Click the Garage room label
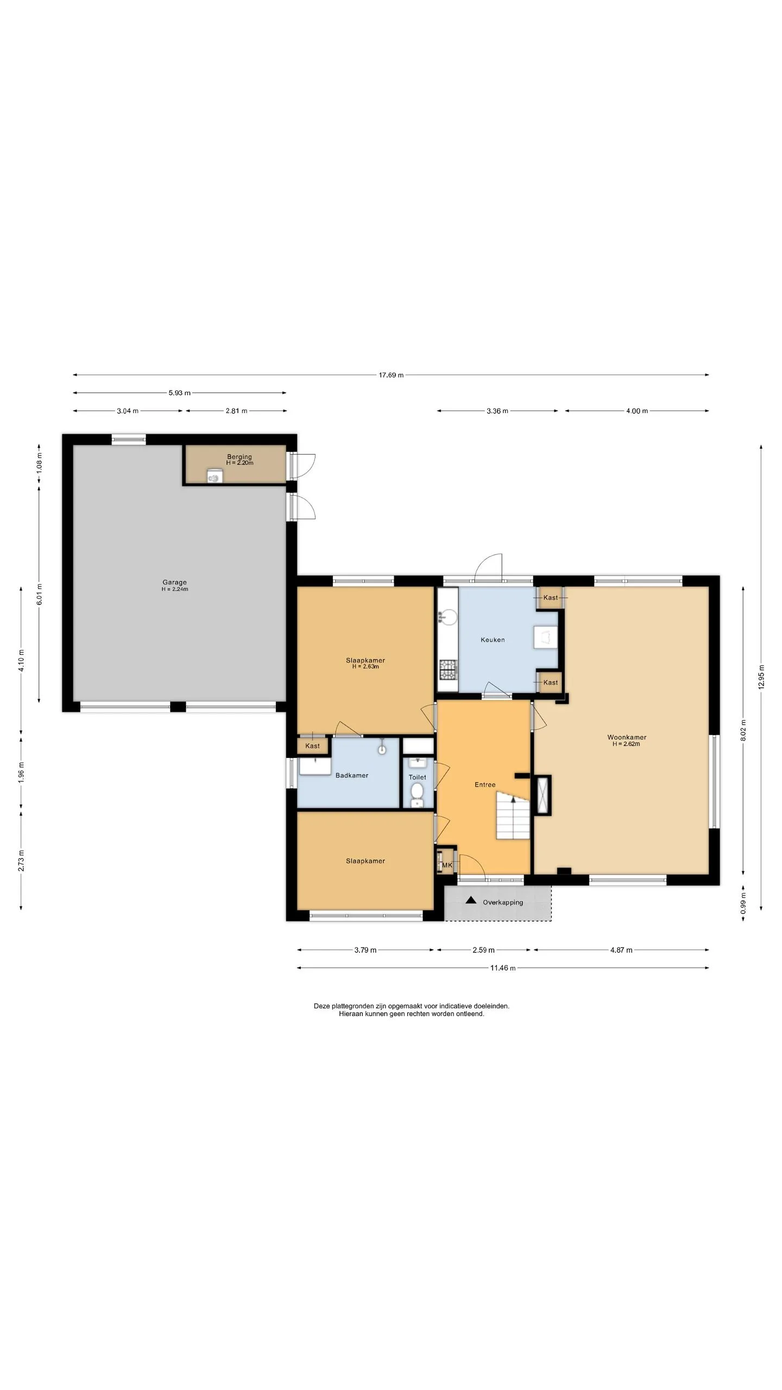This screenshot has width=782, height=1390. point(174,583)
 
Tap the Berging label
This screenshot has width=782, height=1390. point(239,457)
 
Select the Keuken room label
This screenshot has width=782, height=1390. point(493,640)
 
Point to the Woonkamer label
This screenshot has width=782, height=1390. point(627,737)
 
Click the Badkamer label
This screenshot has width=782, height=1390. point(352,775)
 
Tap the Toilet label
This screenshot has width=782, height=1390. point(417,777)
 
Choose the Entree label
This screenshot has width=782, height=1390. point(485,785)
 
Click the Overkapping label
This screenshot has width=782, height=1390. point(503,902)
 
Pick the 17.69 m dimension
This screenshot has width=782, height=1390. point(391,375)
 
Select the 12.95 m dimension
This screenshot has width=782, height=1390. point(761,677)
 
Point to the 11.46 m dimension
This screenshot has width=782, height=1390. point(502,968)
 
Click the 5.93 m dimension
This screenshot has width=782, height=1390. point(179,393)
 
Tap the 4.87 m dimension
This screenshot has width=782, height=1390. point(621,950)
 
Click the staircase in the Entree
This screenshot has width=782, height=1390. point(512,815)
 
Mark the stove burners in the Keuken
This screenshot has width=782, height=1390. point(449,669)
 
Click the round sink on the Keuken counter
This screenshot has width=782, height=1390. point(449,616)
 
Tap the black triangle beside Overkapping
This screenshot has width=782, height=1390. point(471,900)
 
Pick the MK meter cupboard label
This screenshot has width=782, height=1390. point(447,865)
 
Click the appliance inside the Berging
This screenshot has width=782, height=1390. point(215,476)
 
